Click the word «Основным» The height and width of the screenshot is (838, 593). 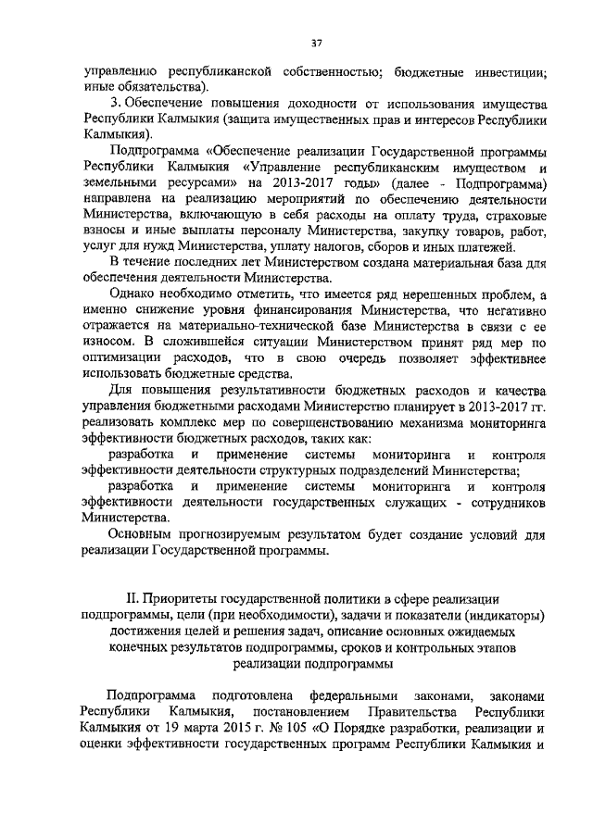pos(142,535)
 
